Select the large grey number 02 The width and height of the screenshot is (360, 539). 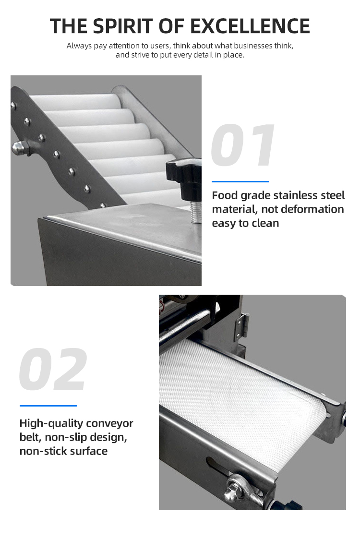coord(53,370)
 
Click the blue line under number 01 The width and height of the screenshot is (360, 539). coord(240,181)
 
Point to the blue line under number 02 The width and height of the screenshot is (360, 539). coord(48,406)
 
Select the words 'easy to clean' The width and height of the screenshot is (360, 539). coord(245,223)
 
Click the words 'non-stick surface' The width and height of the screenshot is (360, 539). coord(63,451)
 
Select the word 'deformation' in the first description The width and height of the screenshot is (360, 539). coord(316,209)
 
